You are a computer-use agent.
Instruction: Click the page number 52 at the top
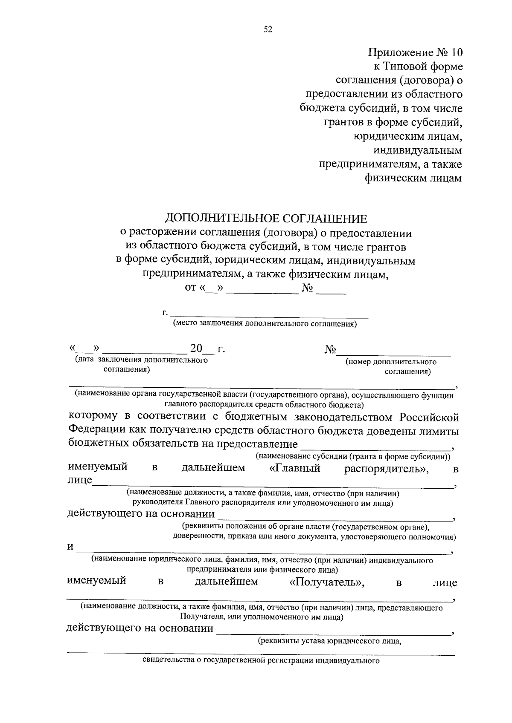[x=268, y=29]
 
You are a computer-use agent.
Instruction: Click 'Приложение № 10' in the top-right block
[x=415, y=52]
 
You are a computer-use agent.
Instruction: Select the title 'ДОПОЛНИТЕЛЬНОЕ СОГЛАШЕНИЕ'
[x=266, y=219]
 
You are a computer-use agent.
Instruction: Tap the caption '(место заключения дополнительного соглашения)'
[x=265, y=324]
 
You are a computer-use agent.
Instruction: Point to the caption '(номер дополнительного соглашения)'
[x=391, y=366]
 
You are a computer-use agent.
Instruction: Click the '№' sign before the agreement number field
[x=331, y=349]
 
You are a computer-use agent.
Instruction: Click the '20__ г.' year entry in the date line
[x=207, y=349]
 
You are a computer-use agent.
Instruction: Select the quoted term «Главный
[x=295, y=468]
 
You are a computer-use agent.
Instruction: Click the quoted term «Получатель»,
[x=327, y=582]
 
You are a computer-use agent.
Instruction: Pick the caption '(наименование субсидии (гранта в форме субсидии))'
[x=353, y=456]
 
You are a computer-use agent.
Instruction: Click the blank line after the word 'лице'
[x=273, y=485]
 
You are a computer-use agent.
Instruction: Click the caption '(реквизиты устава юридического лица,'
[x=330, y=641]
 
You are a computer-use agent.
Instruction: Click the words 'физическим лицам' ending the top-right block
[x=413, y=178]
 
